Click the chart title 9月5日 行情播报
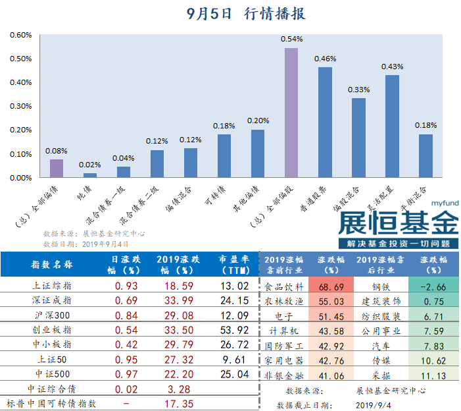(246, 13)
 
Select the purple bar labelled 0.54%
(291, 112)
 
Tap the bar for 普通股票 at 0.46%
(325, 122)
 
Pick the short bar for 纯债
(90, 175)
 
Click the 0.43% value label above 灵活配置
(392, 67)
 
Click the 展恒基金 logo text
(397, 223)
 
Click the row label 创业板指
(53, 329)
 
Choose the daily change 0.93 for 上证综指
(126, 286)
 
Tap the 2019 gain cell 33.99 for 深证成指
(175, 300)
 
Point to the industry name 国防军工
(283, 346)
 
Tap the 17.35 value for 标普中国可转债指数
(175, 402)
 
